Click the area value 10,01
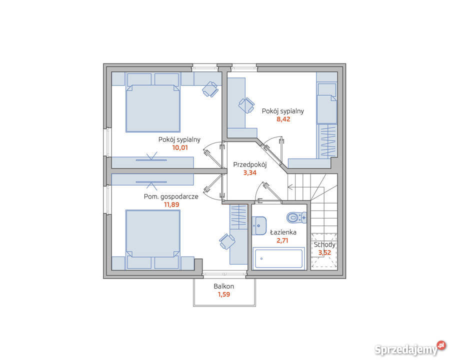[180, 148]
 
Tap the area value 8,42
[283, 119]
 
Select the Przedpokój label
[249, 164]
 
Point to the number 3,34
[249, 172]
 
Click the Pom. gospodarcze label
[171, 197]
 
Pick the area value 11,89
[171, 204]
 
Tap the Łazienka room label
[283, 232]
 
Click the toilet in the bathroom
[296, 217]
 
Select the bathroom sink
[259, 225]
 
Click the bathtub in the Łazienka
[278, 258]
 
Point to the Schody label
[324, 245]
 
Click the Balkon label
[223, 286]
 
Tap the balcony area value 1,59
[224, 294]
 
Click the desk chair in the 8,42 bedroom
[246, 105]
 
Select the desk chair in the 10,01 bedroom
[210, 89]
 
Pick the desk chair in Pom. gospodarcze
[227, 241]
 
